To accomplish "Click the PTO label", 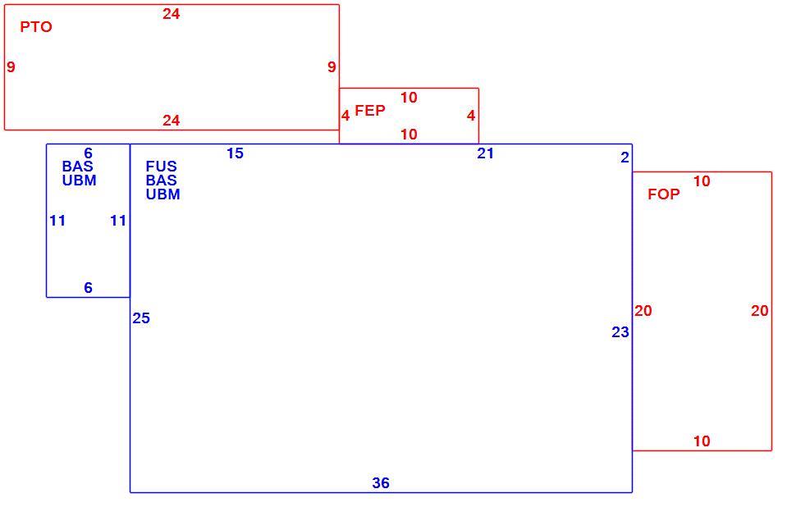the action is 36,27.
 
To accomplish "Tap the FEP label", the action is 370,110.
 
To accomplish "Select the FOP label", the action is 664,194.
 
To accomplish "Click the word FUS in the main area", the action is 162,166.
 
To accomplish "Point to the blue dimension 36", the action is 381,482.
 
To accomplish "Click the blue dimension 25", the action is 141,318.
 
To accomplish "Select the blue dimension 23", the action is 620,332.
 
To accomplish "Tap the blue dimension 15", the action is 235,153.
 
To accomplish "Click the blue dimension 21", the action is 485,153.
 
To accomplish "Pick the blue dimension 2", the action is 625,158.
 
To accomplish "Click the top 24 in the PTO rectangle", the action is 171,14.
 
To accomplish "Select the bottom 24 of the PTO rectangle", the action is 171,121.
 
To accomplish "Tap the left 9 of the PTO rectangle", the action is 11,66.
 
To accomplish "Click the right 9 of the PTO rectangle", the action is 332,66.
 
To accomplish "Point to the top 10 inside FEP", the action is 409,98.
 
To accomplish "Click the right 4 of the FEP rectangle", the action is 471,116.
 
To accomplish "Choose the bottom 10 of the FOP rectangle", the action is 702,441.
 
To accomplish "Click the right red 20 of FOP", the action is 759,311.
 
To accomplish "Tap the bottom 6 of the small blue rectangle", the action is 89,288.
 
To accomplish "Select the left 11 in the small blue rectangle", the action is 57,221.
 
